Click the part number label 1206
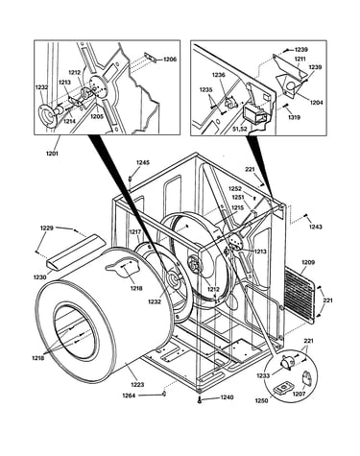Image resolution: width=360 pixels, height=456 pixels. [170, 60]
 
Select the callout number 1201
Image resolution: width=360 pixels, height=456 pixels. [52, 154]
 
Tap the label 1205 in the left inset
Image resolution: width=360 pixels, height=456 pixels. [96, 117]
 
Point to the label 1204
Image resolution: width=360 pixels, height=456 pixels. [316, 103]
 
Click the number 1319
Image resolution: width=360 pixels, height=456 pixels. [294, 117]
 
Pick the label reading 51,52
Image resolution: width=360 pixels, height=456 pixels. [240, 129]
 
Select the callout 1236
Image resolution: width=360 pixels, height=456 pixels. [219, 75]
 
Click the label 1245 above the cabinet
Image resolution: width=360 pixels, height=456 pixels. [143, 162]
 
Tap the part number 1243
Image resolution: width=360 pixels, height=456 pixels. [316, 227]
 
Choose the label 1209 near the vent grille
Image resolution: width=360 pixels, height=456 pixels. [308, 262]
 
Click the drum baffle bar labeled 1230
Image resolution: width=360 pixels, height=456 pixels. [75, 252]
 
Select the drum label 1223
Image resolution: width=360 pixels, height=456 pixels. [137, 384]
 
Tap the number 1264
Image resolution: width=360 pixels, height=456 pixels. [129, 396]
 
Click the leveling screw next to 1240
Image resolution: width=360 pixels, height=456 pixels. [200, 399]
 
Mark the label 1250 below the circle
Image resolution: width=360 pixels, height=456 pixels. [261, 400]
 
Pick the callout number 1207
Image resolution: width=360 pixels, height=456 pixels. [299, 394]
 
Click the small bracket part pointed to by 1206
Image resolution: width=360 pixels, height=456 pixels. [151, 58]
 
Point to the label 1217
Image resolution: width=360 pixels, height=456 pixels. [135, 231]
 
